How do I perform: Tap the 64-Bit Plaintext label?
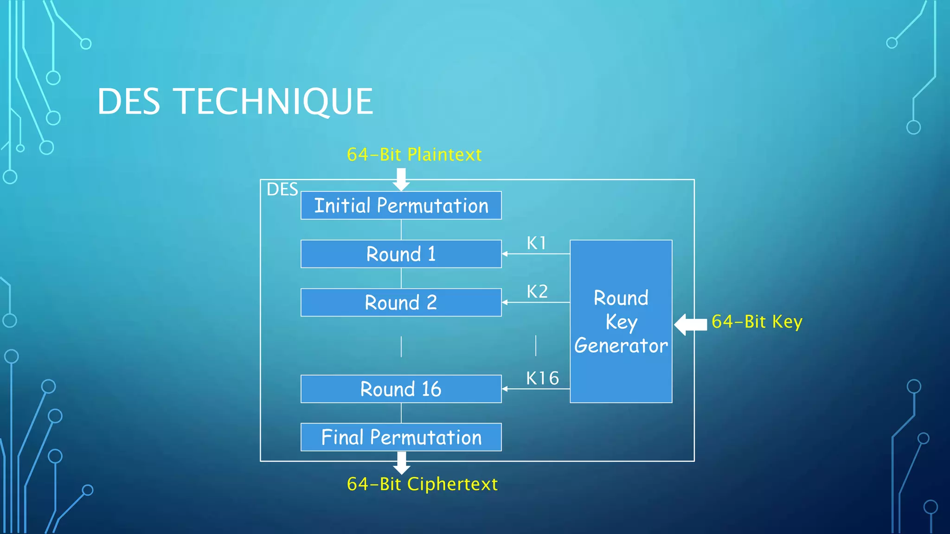coord(414,154)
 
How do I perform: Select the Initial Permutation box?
coord(401,205)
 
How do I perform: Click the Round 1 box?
coord(401,254)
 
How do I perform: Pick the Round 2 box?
coord(401,303)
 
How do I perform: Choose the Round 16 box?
coord(401,389)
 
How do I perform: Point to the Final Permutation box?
coord(401,437)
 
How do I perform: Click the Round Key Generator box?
coord(621,321)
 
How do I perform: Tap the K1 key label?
coord(537,243)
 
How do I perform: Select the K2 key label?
coord(537,292)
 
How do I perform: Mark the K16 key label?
coord(542,378)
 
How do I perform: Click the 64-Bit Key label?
coord(757,322)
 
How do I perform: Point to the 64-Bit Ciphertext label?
coord(422,484)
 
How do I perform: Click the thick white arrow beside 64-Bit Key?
coord(690,324)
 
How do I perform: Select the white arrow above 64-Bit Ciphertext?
coord(401,463)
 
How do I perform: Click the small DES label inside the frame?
coord(282,190)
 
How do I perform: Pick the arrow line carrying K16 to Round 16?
coord(536,389)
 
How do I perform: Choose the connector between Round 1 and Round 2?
coord(401,278)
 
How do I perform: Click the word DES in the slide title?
coord(128,102)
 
